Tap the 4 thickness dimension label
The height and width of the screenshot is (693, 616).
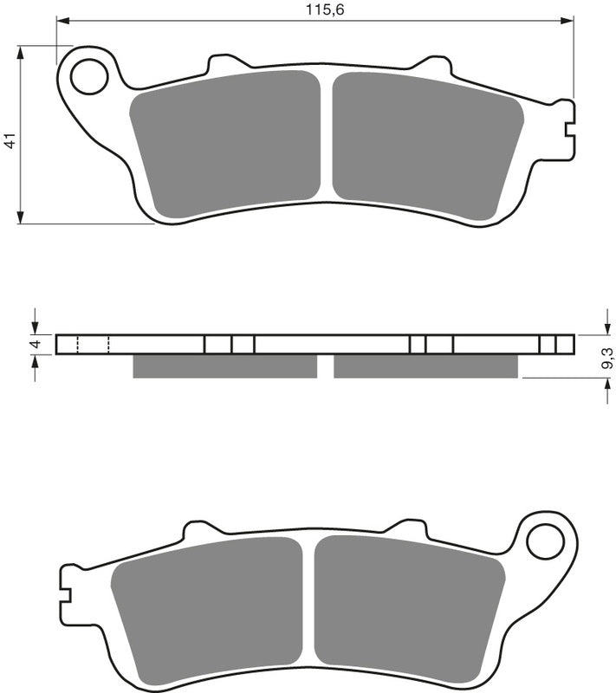(x=35, y=345)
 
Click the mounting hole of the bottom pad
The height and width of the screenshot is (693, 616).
(x=545, y=542)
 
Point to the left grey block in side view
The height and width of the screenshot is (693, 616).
(x=225, y=366)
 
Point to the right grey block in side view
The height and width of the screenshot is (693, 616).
(x=425, y=366)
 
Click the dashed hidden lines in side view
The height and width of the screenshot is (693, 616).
(x=93, y=345)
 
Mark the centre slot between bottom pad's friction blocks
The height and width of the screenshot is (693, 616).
(x=308, y=602)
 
